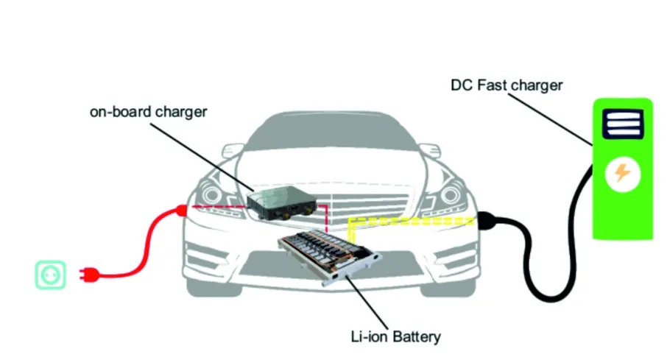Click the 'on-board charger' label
(148, 113)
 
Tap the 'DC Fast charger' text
(506, 85)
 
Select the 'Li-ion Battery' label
(395, 337)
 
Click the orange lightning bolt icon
(623, 174)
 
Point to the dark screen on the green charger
(623, 124)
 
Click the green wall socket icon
(51, 275)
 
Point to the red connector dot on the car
(181, 211)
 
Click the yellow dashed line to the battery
(412, 219)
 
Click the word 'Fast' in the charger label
(493, 85)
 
